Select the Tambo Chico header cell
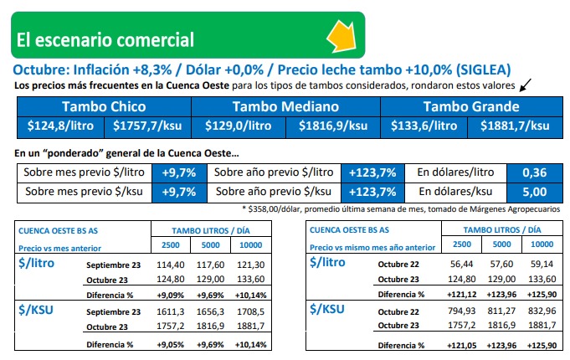click(x=104, y=106)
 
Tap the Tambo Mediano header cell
click(x=285, y=106)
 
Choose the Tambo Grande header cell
click(x=471, y=106)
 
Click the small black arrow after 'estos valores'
click(x=526, y=85)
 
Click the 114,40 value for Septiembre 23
click(x=170, y=265)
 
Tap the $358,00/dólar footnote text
click(x=402, y=208)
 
